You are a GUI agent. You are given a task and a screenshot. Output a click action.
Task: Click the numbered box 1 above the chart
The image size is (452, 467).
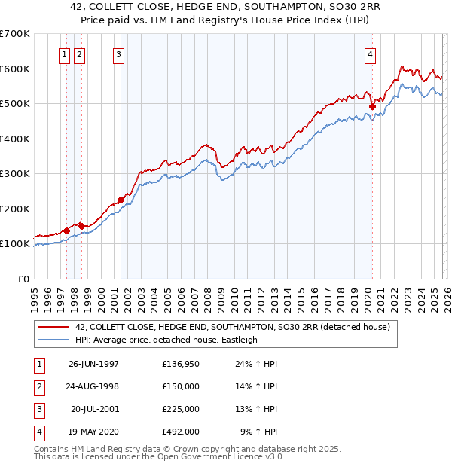64,53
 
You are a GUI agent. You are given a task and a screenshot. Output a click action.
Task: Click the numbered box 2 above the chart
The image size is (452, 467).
79,53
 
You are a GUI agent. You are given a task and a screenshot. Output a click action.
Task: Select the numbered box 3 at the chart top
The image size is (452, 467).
119,53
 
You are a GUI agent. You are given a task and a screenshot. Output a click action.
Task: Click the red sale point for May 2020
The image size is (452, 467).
372,107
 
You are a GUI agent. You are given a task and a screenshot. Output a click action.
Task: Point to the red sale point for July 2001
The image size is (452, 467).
121,200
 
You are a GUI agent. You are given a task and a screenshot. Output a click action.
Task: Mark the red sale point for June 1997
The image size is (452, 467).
66,230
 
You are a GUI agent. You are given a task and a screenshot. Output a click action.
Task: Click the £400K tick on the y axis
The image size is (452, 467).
15,139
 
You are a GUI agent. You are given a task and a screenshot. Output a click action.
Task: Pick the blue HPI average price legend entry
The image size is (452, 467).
166,340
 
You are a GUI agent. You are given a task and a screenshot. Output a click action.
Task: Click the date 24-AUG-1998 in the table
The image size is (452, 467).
93,386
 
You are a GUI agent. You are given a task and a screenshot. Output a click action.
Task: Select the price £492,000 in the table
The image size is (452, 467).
181,432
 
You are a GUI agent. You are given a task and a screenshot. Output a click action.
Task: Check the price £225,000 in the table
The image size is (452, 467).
181,409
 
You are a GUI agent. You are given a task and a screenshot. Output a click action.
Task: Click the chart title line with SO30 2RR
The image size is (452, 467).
225,8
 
